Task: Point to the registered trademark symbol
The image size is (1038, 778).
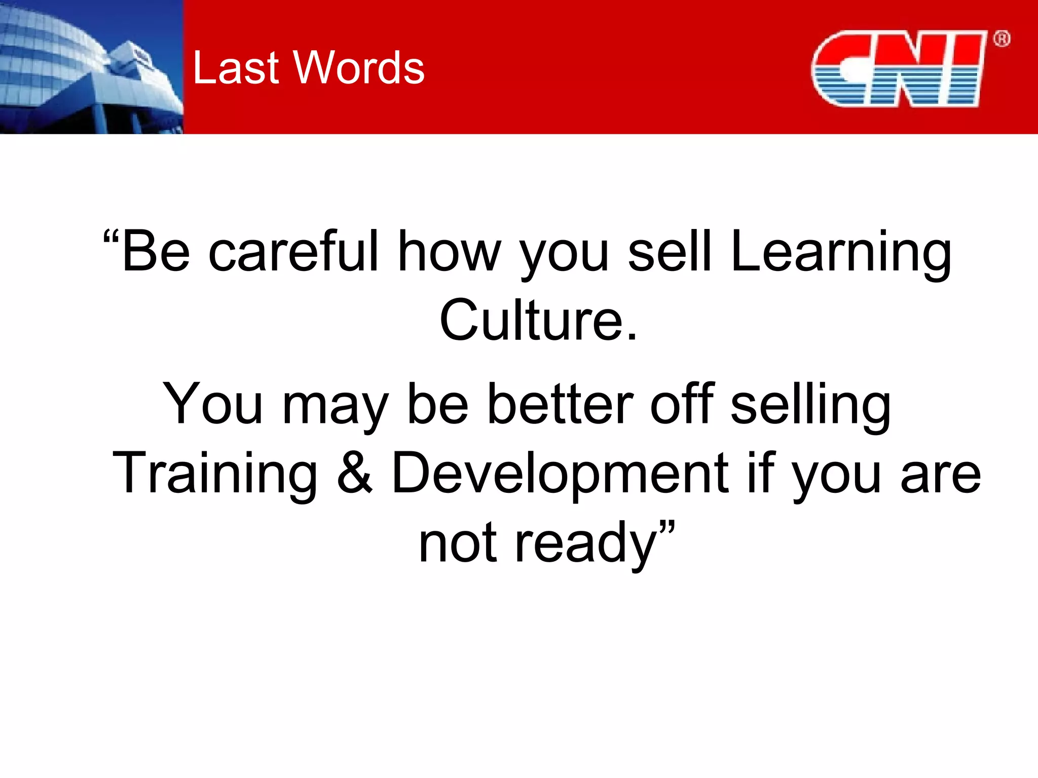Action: (x=1002, y=39)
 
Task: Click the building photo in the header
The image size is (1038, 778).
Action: (x=91, y=67)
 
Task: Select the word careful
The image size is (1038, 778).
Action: (x=293, y=252)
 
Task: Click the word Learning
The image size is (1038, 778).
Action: (x=841, y=252)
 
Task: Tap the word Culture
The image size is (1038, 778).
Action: (x=538, y=320)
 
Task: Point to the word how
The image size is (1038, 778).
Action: (x=449, y=252)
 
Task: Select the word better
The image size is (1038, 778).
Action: (x=560, y=404)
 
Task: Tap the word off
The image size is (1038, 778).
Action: (x=682, y=404)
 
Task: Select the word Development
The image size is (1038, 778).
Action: (x=560, y=474)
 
